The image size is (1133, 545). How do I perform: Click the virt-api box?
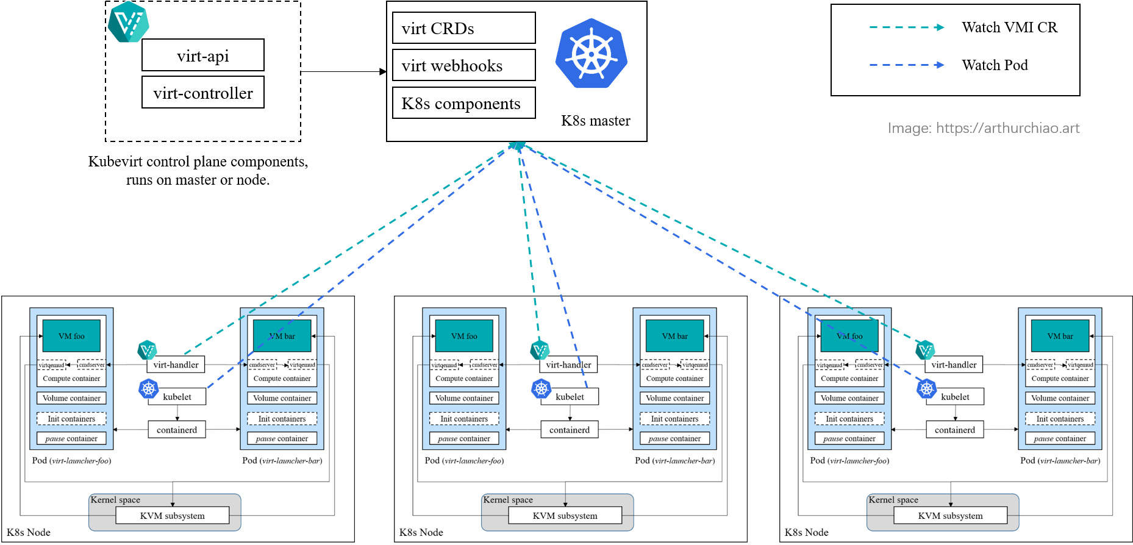pyautogui.click(x=203, y=55)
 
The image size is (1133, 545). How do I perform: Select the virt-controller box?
pyautogui.click(x=203, y=93)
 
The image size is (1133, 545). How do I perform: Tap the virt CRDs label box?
pyautogui.click(x=463, y=28)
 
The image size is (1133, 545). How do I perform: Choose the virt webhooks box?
pyautogui.click(x=463, y=65)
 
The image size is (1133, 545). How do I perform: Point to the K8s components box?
pyautogui.click(x=463, y=103)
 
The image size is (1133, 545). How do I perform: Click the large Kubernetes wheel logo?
pyautogui.click(x=591, y=54)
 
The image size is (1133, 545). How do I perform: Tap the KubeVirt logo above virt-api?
pyautogui.click(x=128, y=23)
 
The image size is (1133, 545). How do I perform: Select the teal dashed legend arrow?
pyautogui.click(x=906, y=27)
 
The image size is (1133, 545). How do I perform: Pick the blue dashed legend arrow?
pyautogui.click(x=906, y=65)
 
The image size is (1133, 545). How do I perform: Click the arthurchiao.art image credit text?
pyautogui.click(x=984, y=128)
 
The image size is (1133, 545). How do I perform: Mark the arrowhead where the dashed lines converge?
pyautogui.click(x=518, y=146)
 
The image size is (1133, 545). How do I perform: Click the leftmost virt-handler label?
pyautogui.click(x=176, y=365)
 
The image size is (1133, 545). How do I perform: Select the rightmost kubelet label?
pyautogui.click(x=955, y=397)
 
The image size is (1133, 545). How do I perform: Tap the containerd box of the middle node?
pyautogui.click(x=570, y=430)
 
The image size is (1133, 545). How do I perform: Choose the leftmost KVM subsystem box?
pyautogui.click(x=173, y=516)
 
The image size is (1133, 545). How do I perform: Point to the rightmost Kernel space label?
pyautogui.click(x=893, y=500)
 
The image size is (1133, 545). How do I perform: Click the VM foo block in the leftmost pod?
pyautogui.click(x=71, y=336)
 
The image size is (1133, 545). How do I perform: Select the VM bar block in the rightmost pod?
pyautogui.click(x=1060, y=336)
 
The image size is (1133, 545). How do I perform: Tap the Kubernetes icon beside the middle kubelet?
pyautogui.click(x=541, y=388)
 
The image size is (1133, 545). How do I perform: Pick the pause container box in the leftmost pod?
pyautogui.click(x=71, y=438)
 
